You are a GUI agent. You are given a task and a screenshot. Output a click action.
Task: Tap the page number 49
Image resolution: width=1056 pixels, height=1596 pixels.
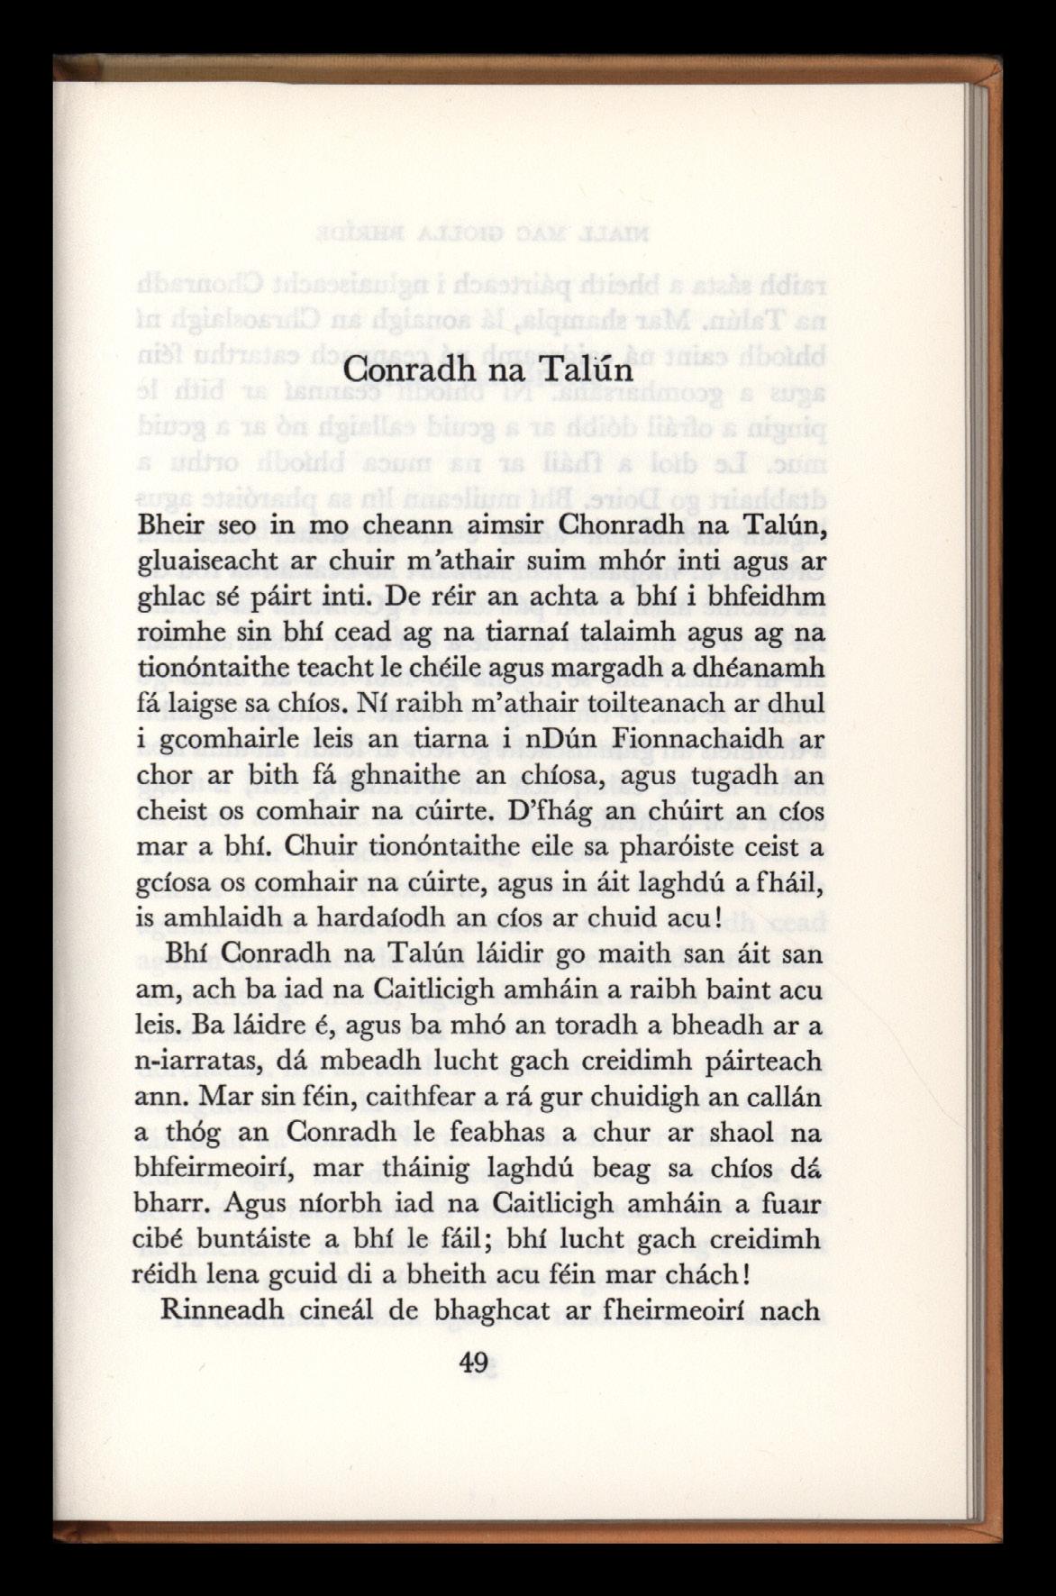pyautogui.click(x=472, y=1362)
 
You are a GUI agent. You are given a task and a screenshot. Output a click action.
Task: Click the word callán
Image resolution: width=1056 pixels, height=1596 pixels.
pyautogui.click(x=782, y=1098)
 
